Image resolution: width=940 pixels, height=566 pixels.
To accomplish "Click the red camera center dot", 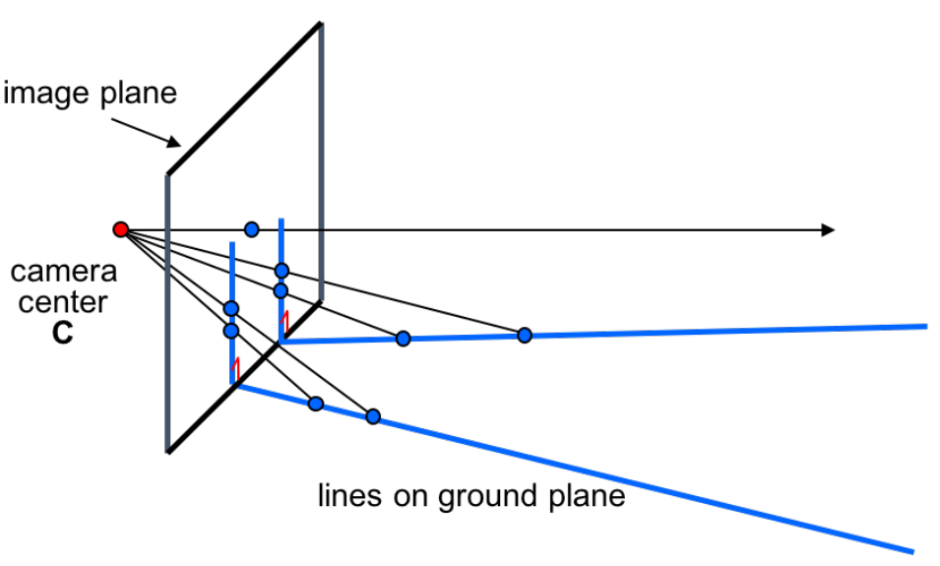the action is pos(121,229).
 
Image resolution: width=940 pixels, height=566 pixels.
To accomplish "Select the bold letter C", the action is pos(63,333).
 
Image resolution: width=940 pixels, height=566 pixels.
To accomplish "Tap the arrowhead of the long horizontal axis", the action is pos(828,230).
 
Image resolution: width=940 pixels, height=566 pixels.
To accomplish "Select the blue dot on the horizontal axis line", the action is pos(252,229).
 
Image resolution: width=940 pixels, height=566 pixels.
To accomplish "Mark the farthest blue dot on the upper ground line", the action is pos(525,336).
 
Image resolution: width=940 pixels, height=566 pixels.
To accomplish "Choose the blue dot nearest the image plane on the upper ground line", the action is pos(403,339).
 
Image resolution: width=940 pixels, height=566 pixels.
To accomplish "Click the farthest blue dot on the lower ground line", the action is pos(373,416).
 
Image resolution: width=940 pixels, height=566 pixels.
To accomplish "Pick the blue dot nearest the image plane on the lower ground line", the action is pos(316,404).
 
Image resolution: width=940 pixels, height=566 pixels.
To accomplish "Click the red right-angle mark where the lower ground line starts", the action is pos(235,370).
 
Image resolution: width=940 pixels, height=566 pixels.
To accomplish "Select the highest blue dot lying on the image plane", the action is pos(282,271).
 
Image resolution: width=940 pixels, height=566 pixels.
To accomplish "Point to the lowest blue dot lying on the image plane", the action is pos(231,331).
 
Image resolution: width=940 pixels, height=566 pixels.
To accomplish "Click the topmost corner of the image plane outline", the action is pos(321,22).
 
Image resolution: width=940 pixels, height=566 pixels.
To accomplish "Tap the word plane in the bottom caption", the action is pos(587,496).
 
